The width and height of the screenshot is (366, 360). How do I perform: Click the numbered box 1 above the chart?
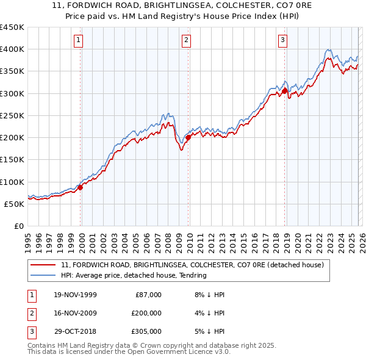(x=79, y=41)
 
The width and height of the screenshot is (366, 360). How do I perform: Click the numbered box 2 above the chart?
(x=186, y=41)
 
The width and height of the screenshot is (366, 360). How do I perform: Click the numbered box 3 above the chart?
(x=283, y=41)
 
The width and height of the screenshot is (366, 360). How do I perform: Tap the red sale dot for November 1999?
(x=81, y=187)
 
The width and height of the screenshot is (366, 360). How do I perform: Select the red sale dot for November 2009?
(x=188, y=137)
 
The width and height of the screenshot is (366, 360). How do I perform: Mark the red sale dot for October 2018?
(x=284, y=91)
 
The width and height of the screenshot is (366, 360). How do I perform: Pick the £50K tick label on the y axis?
(x=15, y=204)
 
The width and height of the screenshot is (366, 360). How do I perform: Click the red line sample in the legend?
(x=43, y=265)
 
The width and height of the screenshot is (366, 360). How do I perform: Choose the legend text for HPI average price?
(x=134, y=275)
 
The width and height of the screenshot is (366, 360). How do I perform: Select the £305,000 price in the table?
(x=146, y=331)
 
